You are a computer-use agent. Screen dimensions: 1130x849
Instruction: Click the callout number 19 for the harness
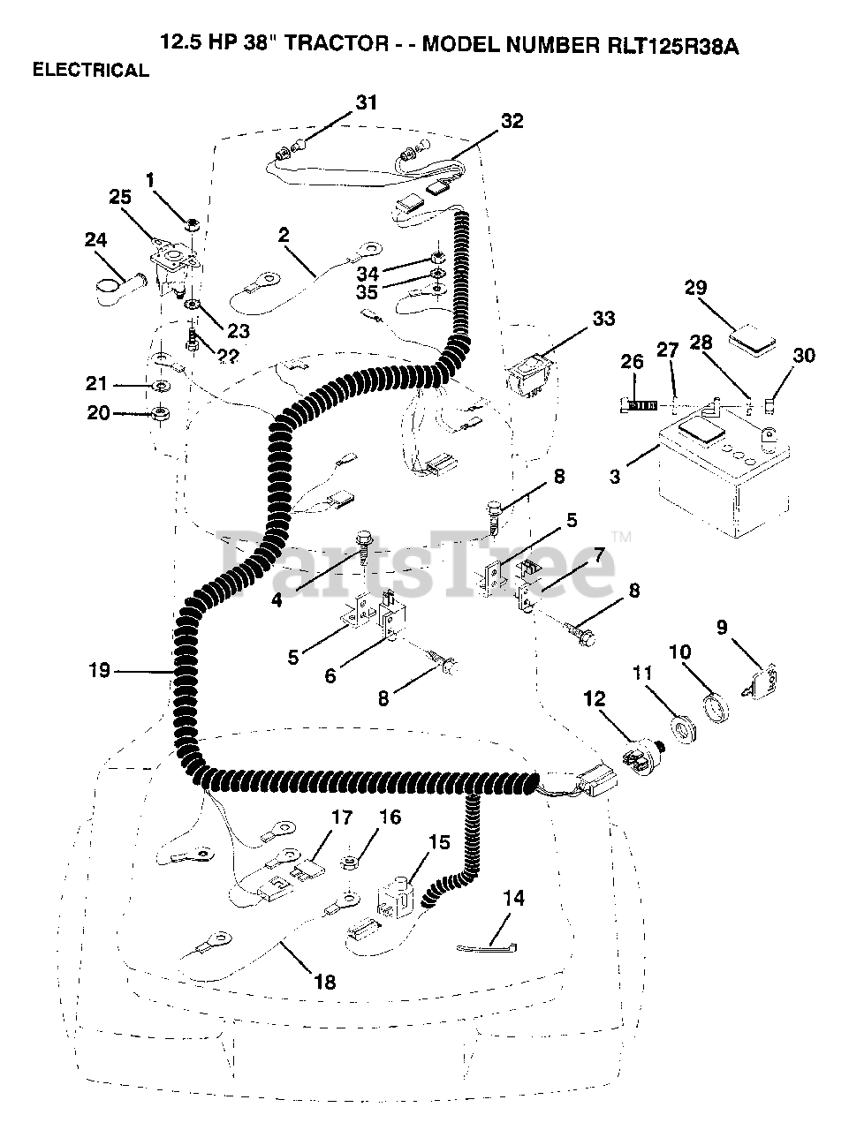(x=99, y=671)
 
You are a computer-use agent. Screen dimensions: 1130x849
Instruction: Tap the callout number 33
(x=605, y=318)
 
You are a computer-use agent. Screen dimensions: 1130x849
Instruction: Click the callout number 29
(x=695, y=287)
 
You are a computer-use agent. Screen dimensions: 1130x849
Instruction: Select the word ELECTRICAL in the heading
(x=91, y=72)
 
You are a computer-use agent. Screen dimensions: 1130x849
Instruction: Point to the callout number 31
(x=366, y=102)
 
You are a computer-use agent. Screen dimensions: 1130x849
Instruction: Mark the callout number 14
(x=513, y=898)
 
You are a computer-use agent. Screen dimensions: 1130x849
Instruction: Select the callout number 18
(x=325, y=982)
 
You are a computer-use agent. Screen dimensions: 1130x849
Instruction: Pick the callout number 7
(x=598, y=557)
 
